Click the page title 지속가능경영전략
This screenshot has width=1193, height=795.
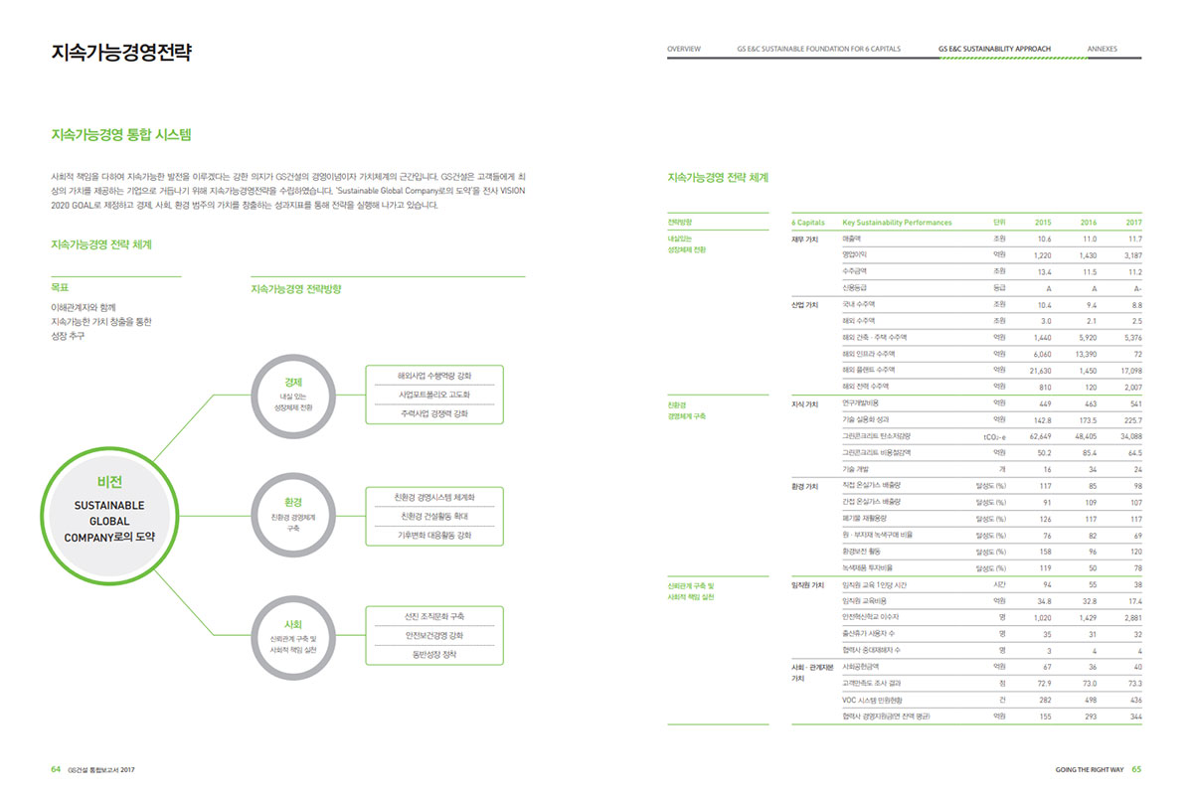pyautogui.click(x=120, y=52)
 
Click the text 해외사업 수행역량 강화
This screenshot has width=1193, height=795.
pyautogui.click(x=434, y=376)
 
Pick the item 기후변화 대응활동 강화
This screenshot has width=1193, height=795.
pyautogui.click(x=434, y=536)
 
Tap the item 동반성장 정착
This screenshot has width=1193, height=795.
pyautogui.click(x=434, y=655)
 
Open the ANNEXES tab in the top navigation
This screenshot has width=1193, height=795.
pyautogui.click(x=1102, y=49)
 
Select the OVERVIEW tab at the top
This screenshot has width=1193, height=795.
pyautogui.click(x=684, y=49)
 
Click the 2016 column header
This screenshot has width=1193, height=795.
pyautogui.click(x=1088, y=223)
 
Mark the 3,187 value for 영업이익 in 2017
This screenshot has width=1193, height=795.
pyautogui.click(x=1130, y=254)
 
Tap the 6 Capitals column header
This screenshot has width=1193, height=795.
pyautogui.click(x=808, y=223)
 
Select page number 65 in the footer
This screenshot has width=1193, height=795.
pyautogui.click(x=1136, y=768)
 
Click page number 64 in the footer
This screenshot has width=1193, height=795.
pyautogui.click(x=56, y=768)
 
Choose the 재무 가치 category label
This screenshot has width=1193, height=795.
pyautogui.click(x=804, y=238)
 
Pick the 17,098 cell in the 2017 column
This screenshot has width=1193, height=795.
pyautogui.click(x=1129, y=370)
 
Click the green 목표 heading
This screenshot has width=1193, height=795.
pyautogui.click(x=59, y=286)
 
